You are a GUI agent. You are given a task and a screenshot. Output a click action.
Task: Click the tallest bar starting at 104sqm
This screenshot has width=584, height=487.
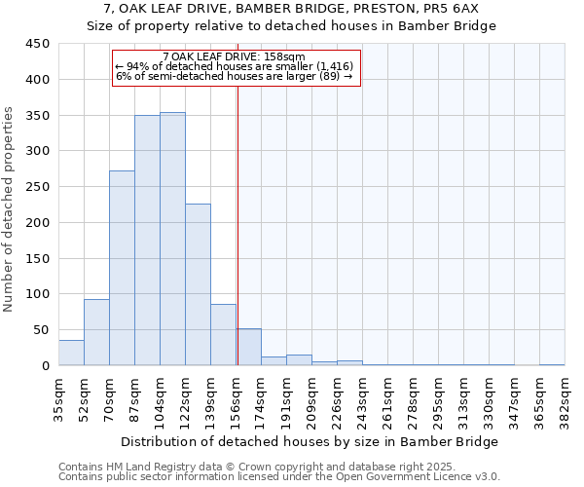(172, 239)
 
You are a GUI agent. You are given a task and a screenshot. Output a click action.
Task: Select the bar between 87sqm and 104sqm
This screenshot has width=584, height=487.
(147, 241)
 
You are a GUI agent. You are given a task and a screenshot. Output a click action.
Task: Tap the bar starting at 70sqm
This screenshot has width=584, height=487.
(122, 268)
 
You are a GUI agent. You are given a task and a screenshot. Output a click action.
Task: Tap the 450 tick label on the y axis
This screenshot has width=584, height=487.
(38, 44)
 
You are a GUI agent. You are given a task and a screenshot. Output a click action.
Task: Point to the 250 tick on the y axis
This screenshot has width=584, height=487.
(38, 187)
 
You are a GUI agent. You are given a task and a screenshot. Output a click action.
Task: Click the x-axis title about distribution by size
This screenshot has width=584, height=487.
(311, 441)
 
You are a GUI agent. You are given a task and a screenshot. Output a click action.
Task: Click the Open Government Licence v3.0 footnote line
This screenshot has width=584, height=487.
(278, 477)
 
